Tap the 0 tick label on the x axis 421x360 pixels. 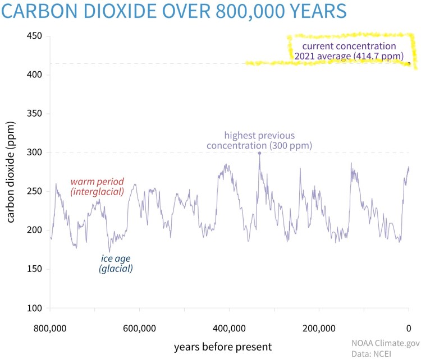409,329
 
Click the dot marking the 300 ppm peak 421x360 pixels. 259,153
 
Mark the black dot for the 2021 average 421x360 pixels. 409,63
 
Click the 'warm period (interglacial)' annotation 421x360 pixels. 97,187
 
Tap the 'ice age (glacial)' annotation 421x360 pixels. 116,264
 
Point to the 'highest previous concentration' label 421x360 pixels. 259,141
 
